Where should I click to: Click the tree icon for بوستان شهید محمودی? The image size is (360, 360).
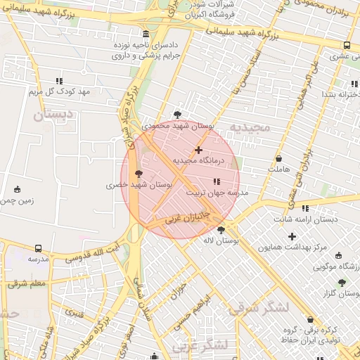click(177, 114)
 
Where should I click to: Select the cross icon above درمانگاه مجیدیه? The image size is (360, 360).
click(199, 149)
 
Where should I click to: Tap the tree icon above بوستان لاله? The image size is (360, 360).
click(221, 230)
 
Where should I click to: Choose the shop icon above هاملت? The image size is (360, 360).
click(279, 159)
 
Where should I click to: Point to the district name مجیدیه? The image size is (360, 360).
click(250, 128)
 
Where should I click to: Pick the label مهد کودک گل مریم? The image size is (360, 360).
click(60, 92)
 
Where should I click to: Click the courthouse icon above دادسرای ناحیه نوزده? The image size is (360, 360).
click(146, 34)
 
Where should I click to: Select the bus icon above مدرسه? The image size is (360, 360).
click(38, 248)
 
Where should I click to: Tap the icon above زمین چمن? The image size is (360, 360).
click(17, 189)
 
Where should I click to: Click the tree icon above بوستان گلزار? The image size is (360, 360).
click(342, 283)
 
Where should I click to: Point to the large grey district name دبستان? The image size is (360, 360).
click(53, 113)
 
